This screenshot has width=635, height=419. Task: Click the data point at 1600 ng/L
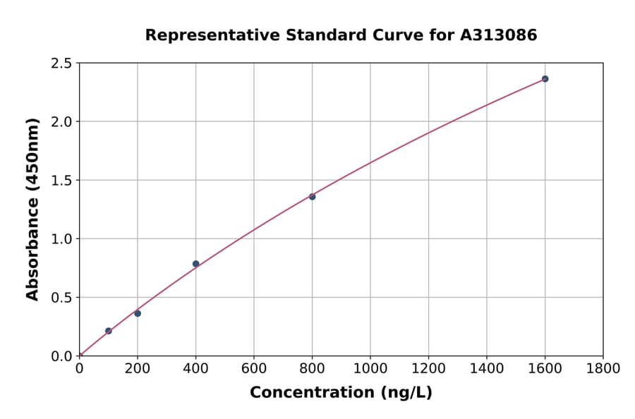(545, 79)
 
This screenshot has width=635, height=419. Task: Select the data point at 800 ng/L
(312, 197)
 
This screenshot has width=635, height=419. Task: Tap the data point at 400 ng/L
(196, 264)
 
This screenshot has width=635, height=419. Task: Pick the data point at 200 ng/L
(138, 313)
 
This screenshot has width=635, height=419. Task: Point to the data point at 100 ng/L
(109, 331)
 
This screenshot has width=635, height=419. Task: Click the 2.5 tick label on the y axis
(61, 63)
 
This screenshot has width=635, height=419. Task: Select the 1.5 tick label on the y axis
(61, 181)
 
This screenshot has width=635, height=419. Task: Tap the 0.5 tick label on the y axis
(61, 298)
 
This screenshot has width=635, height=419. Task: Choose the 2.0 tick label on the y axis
(61, 122)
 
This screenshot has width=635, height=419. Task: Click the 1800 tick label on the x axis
(603, 368)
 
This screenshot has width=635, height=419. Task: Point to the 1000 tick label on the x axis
(370, 368)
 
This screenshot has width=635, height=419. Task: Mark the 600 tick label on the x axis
(254, 368)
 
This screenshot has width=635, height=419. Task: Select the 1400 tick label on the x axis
(487, 368)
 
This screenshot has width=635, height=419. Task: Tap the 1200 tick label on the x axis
(428, 368)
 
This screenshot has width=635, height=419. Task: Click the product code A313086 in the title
(499, 35)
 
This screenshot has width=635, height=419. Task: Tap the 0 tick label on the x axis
(80, 368)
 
